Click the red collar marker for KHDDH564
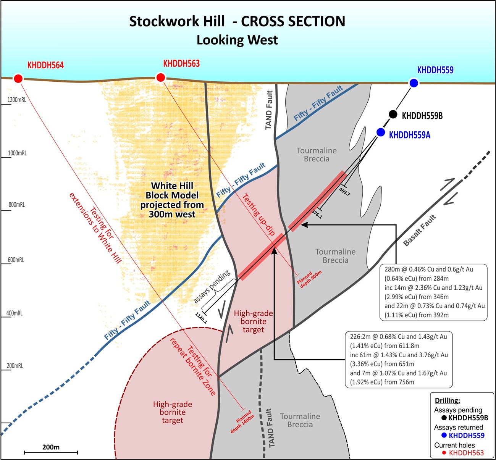18,79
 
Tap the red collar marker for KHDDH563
160,78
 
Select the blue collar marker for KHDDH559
414,83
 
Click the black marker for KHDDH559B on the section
393,114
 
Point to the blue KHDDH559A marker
381,132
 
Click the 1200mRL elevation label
17,100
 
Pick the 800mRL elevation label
17,205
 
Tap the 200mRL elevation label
15,366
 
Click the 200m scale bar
51,452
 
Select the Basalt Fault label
420,231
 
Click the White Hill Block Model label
172,200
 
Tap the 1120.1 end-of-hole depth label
201,318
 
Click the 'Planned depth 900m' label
309,278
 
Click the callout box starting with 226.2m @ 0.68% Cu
398,359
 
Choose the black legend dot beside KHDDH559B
444,418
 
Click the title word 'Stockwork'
177,21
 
